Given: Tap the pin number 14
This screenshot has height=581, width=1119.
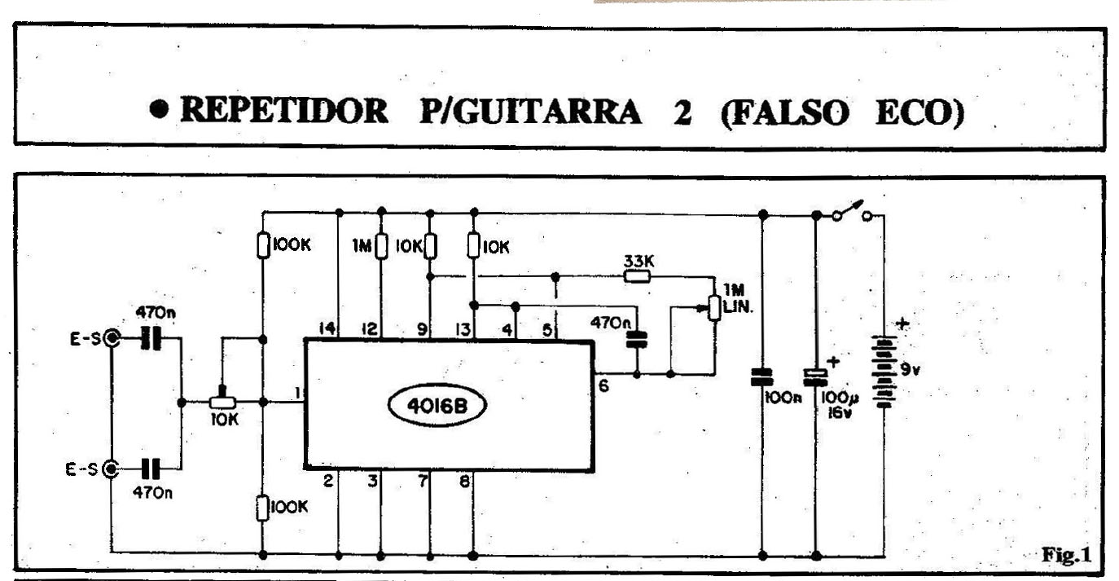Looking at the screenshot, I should click(327, 329).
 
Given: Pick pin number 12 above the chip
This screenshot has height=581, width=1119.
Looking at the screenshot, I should click(371, 329).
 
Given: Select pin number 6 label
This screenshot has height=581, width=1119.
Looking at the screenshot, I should click(603, 386).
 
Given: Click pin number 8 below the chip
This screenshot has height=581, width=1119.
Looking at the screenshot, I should click(464, 482).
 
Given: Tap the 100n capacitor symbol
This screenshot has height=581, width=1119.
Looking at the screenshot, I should click(762, 376).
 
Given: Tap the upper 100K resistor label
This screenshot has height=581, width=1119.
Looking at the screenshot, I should click(292, 244).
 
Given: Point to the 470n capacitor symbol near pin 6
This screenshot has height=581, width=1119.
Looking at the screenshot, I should click(637, 340).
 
